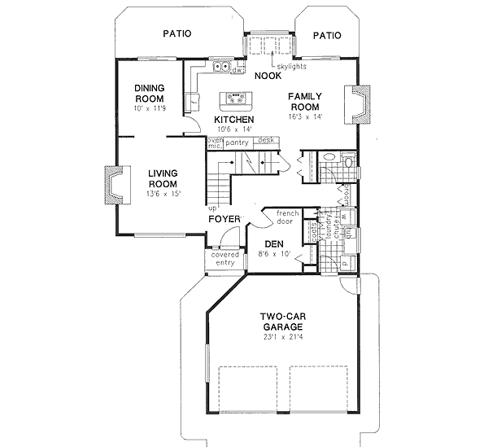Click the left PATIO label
(176, 34)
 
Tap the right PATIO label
(327, 35)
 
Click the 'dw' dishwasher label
(237, 71)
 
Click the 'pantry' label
(237, 142)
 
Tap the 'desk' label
(266, 141)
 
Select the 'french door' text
(287, 217)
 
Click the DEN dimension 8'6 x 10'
(272, 254)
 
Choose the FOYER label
(224, 219)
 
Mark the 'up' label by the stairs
(211, 208)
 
